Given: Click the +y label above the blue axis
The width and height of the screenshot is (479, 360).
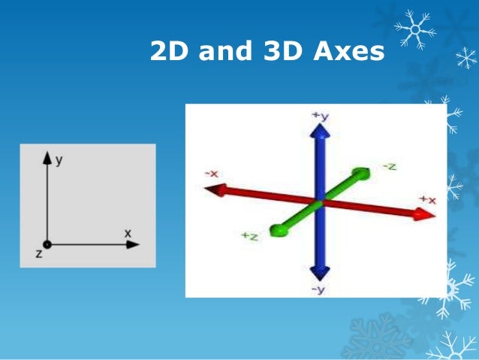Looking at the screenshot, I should pyautogui.click(x=321, y=115).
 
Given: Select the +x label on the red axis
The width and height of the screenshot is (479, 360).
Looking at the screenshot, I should pyautogui.click(x=427, y=199).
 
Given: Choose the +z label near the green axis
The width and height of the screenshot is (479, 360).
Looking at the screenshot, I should pyautogui.click(x=250, y=236).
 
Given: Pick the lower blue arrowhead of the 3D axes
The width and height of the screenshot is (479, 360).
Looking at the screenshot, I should pyautogui.click(x=321, y=274).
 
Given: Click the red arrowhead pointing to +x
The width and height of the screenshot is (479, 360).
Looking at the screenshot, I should pyautogui.click(x=425, y=214).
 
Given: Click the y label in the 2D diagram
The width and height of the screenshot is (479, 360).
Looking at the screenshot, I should pyautogui.click(x=58, y=160).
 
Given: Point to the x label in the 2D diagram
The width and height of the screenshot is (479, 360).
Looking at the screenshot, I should pyautogui.click(x=128, y=234).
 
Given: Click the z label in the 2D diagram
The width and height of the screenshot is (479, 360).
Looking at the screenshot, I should pyautogui.click(x=38, y=254).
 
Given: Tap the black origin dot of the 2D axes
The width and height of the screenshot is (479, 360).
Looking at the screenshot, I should pyautogui.click(x=47, y=244).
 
